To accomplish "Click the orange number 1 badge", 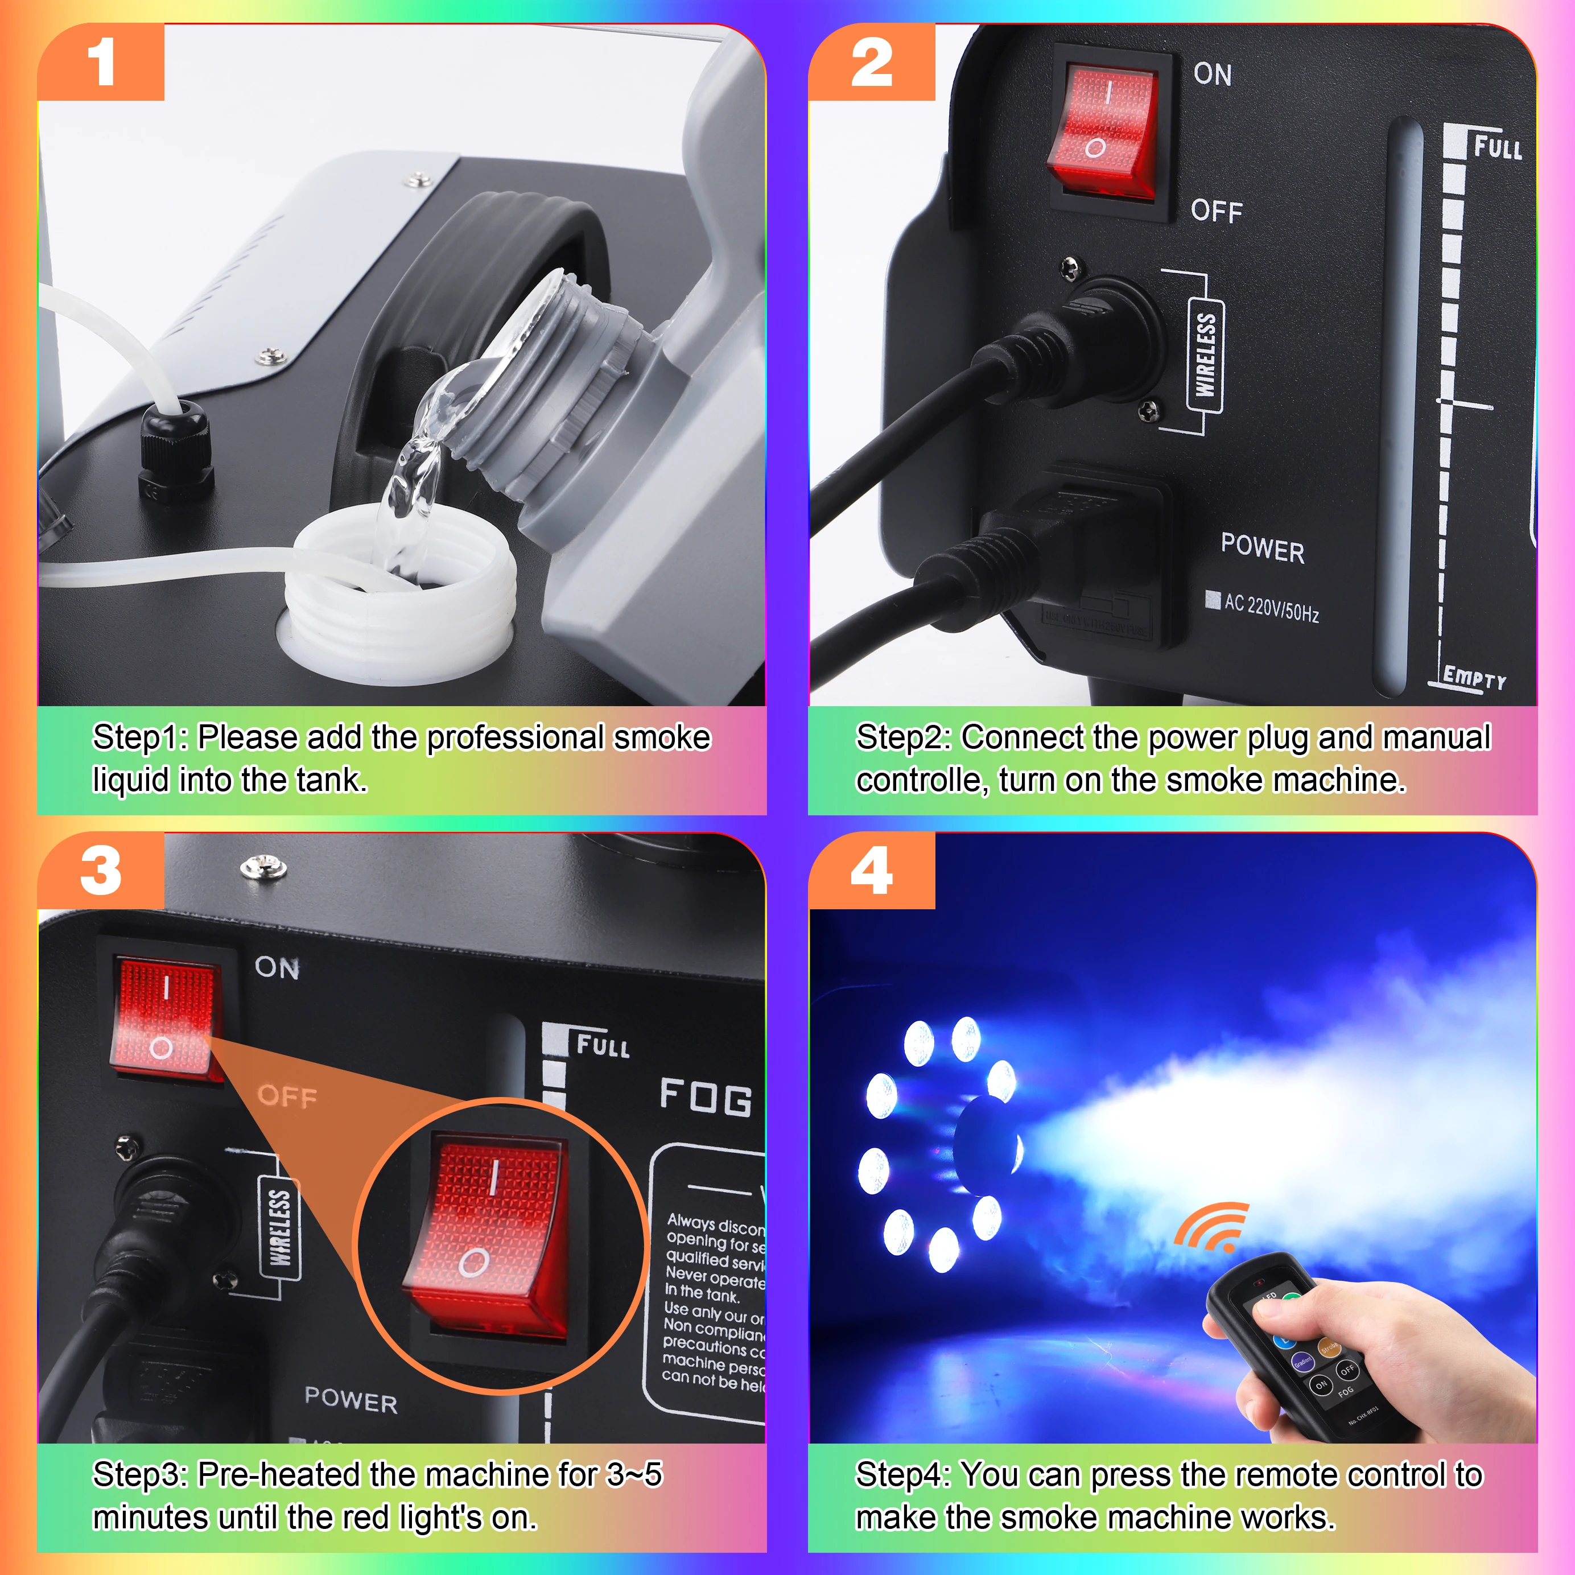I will coord(101,63).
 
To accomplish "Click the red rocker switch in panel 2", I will coord(1102,132).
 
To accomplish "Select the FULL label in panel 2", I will coord(1496,147).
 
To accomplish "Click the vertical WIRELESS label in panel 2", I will coord(1205,354).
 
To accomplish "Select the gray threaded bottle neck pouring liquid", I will coord(563,383).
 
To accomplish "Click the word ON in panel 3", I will coord(277,968).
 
